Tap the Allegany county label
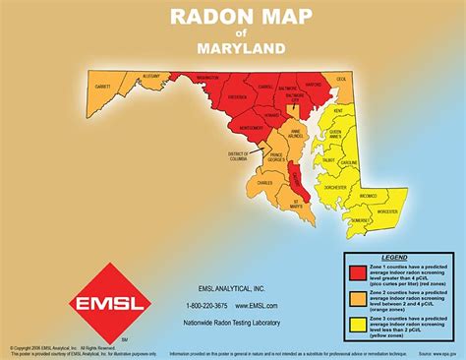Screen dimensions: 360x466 pyautogui.click(x=150, y=75)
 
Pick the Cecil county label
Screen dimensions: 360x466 pyautogui.click(x=343, y=78)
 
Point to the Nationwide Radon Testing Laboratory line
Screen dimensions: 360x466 pyautogui.click(x=233, y=322)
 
